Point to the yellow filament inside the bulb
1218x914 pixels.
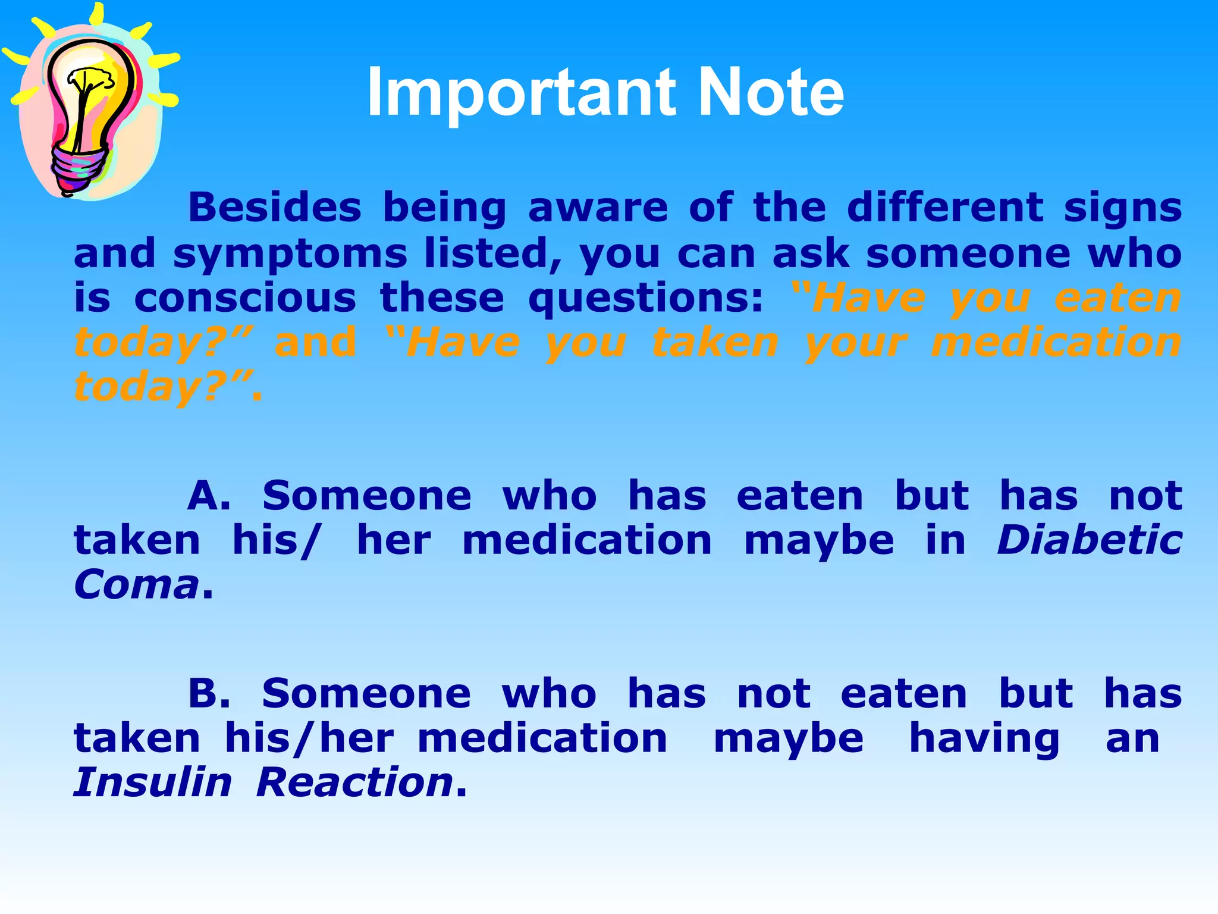pos(89,83)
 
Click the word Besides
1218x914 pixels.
pos(275,208)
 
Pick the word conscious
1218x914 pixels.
pos(245,298)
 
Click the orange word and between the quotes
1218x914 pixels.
pos(315,342)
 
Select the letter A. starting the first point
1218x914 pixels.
pos(209,496)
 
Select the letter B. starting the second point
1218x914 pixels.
pos(209,694)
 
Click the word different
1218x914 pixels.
pos(946,208)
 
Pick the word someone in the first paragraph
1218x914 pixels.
pos(968,253)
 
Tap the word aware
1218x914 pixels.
pos(598,208)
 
